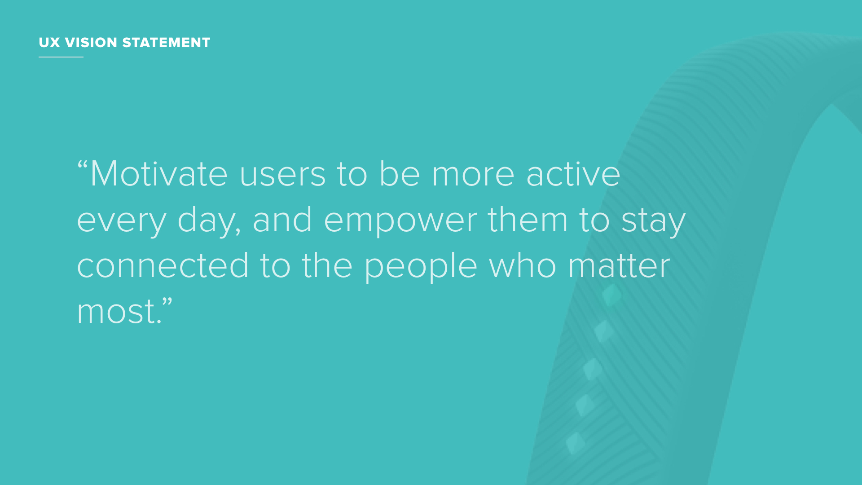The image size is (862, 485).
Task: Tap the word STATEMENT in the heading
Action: pos(166,43)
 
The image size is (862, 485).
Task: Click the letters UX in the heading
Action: pos(49,43)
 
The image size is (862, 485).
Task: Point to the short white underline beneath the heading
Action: pos(61,57)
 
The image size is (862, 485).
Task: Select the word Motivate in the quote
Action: pos(159,174)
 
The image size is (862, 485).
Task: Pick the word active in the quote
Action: pos(573,174)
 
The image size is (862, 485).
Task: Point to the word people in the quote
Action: pos(420,267)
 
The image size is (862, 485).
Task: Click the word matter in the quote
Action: pos(619,266)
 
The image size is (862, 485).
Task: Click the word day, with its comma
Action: pos(209,221)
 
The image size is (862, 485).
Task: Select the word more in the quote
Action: pos(473,176)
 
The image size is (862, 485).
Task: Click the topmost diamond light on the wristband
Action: pos(611,295)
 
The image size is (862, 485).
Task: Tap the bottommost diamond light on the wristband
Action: pos(575,443)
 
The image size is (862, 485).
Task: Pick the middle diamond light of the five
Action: pos(593,369)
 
